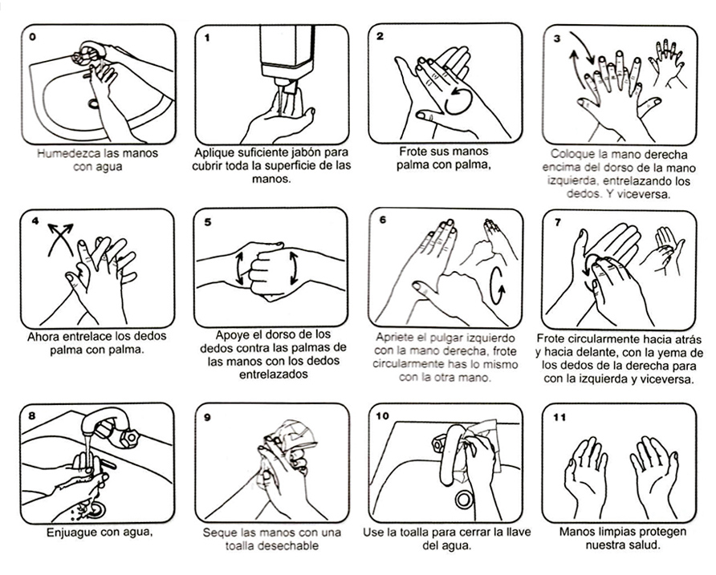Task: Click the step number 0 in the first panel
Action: pyautogui.click(x=32, y=37)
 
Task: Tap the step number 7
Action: pyautogui.click(x=558, y=222)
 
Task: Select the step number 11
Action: pyautogui.click(x=559, y=417)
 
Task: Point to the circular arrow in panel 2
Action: pyautogui.click(x=459, y=102)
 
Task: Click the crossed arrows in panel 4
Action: pyautogui.click(x=60, y=239)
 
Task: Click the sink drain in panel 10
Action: pyautogui.click(x=464, y=500)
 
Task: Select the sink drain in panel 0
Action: pyautogui.click(x=94, y=103)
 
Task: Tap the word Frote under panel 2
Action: pyautogui.click(x=413, y=151)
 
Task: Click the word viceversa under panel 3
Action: pyautogui.click(x=644, y=193)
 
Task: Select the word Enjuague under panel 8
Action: pyautogui.click(x=71, y=532)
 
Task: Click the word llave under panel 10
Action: pyautogui.click(x=518, y=532)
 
